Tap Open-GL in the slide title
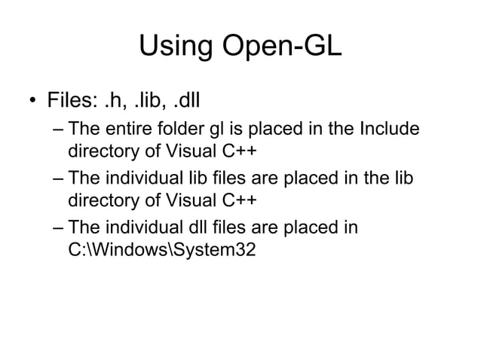point(278,47)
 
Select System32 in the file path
point(213,249)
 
